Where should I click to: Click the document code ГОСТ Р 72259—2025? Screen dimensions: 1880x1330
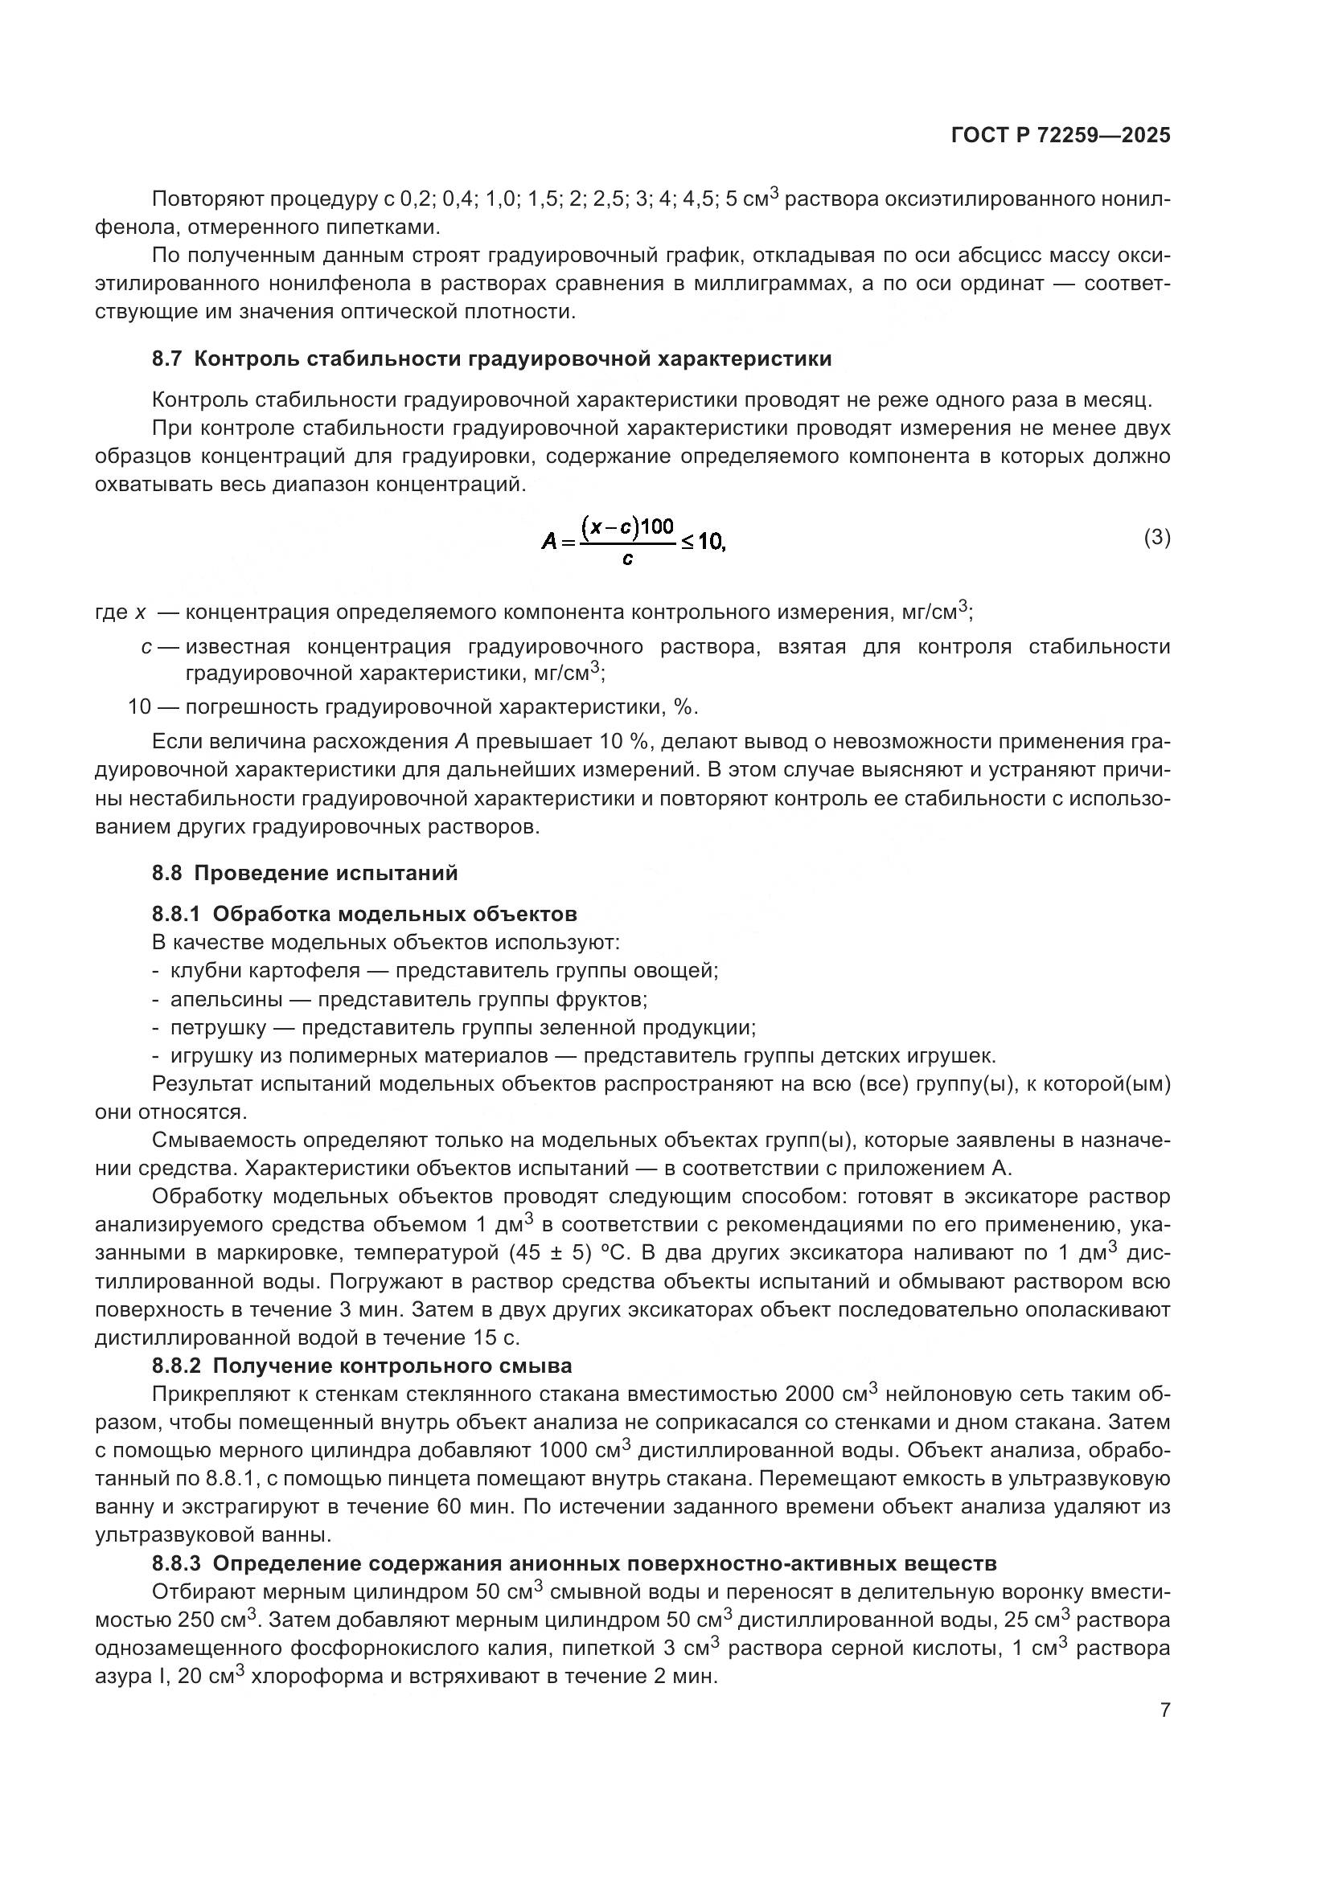coord(1060,136)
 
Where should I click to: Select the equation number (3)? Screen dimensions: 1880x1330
coord(1156,538)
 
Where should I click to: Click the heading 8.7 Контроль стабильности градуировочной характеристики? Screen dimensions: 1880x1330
coord(491,358)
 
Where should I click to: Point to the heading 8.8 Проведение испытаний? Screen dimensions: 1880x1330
coord(305,873)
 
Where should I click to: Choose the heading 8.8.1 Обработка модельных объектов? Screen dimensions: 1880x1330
coord(364,914)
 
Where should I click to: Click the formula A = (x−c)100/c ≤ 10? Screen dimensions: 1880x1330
coord(633,540)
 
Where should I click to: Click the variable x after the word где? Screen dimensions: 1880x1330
coord(140,612)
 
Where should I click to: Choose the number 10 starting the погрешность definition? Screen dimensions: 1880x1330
coord(139,707)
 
